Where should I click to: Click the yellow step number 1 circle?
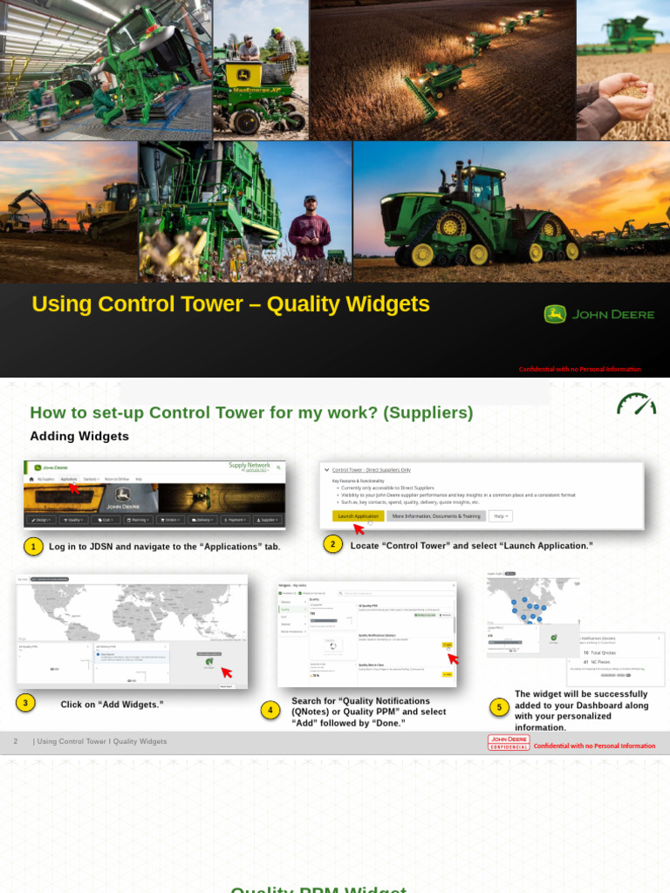coord(33,547)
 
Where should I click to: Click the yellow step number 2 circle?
coord(332,544)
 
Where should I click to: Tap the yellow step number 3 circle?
coord(26,703)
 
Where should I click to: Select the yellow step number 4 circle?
coord(270,711)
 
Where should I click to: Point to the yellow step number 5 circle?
coord(499,707)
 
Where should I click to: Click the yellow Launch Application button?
coord(358,516)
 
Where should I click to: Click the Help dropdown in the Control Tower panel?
coord(501,516)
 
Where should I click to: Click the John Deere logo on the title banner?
coord(598,314)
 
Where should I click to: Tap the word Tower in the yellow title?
coord(214,303)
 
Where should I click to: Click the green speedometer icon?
coord(635,405)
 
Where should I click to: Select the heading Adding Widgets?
coord(79,436)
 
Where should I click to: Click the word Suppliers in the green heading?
coord(431,412)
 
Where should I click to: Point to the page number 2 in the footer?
coord(16,741)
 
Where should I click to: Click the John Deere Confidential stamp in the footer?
coord(509,743)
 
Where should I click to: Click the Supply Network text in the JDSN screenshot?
coord(250,466)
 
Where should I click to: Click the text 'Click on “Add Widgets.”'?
coord(112,704)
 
